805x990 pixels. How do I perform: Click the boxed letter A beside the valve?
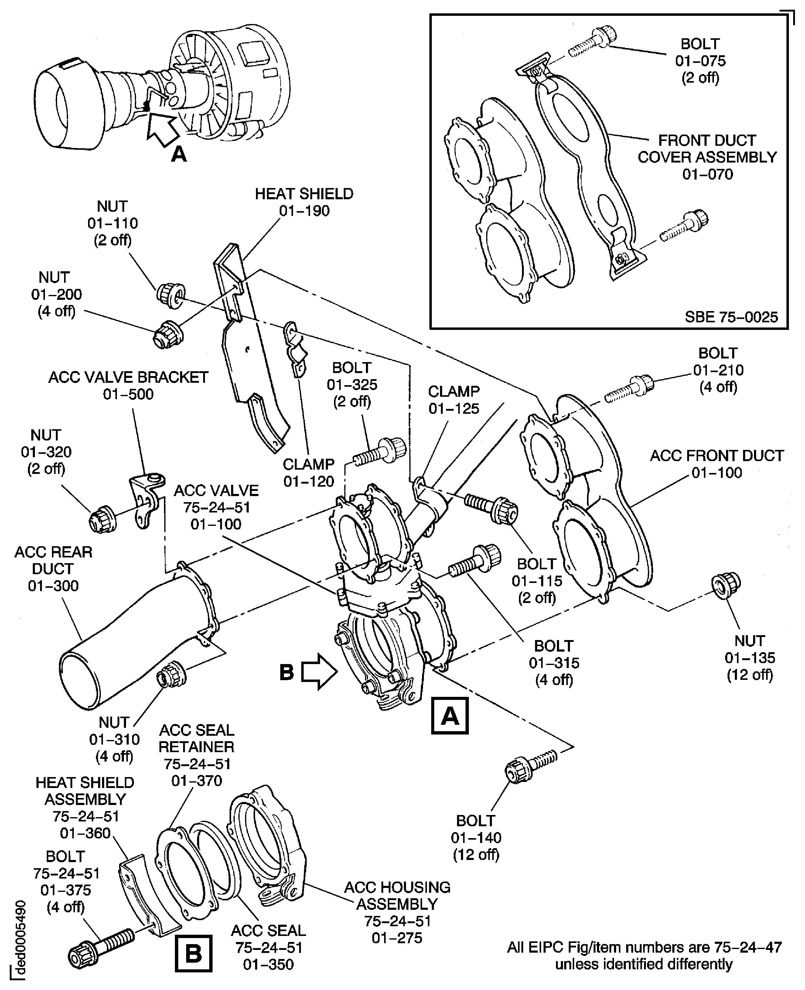[449, 716]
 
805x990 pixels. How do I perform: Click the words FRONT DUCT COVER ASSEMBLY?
[707, 149]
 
